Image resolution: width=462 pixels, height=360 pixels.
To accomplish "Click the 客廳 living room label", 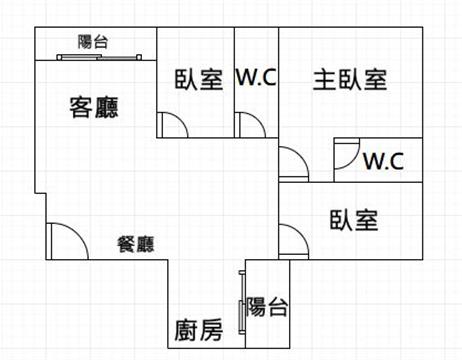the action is coord(94,107).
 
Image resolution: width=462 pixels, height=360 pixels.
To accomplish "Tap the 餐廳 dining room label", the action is coord(136,244).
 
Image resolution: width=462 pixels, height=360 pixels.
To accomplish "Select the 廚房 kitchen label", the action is coord(199,330).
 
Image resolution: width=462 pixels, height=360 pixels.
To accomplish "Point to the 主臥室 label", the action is coord(350,80).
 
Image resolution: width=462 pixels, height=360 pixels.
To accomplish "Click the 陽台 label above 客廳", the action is coord(93,42).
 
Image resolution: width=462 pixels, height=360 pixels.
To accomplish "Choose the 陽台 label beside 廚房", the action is coord(267,307).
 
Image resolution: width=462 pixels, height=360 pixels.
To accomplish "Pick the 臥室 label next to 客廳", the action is coord(199,79).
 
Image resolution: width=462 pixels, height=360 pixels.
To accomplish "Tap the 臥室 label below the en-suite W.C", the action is coord(354,220).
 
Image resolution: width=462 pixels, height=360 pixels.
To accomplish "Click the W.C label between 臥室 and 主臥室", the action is coord(256,77).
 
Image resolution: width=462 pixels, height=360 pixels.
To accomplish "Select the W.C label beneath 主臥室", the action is coord(384,161).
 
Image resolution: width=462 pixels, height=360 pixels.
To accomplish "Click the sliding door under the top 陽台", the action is coord(99,57).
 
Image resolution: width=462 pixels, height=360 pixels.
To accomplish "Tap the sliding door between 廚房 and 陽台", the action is coord(242,302).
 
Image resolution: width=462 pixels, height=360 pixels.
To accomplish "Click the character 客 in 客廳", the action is coord(81,107).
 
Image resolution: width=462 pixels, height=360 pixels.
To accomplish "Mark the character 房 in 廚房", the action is coord(211,330).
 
